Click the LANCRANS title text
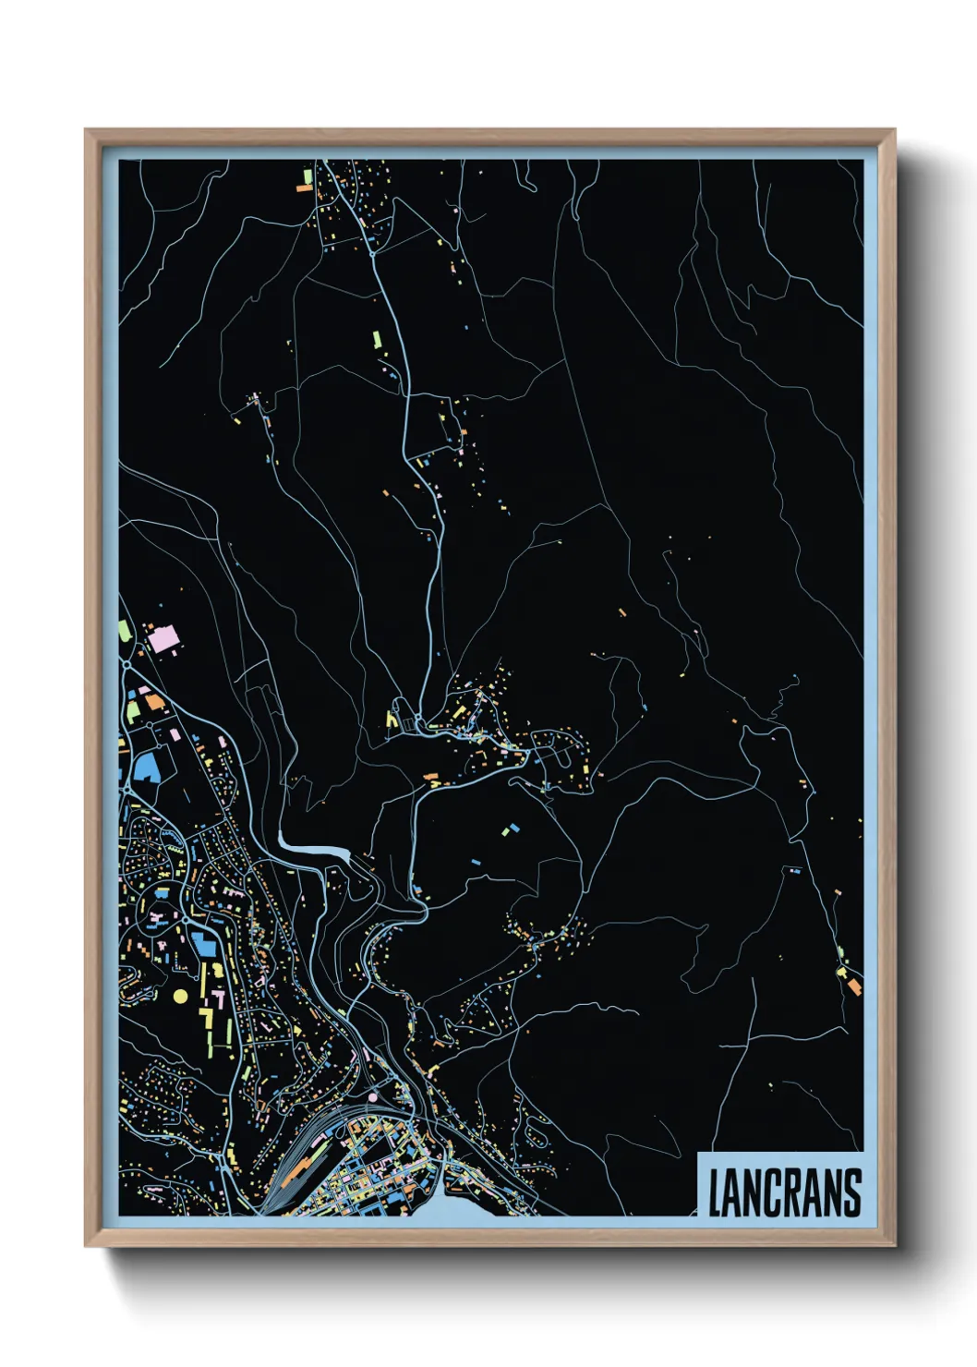(784, 1192)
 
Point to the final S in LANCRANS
(852, 1192)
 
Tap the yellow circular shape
(180, 997)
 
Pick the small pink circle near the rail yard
(372, 1096)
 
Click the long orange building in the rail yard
(296, 1171)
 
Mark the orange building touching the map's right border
(854, 986)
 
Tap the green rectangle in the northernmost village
(308, 175)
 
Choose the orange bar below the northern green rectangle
(303, 188)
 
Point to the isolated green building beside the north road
(377, 339)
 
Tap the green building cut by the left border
(124, 633)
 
